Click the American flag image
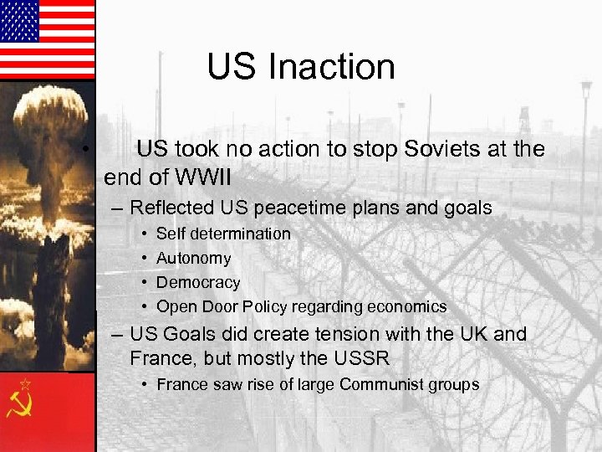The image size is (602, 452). click(x=47, y=39)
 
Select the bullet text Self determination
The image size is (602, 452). click(x=223, y=234)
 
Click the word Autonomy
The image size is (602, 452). click(x=193, y=259)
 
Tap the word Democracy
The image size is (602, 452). click(x=198, y=283)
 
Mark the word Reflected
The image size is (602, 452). click(x=172, y=208)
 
